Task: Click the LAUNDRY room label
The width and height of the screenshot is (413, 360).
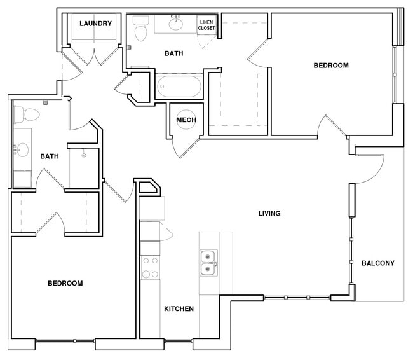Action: click(x=96, y=24)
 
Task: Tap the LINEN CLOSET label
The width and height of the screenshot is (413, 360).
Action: click(x=207, y=25)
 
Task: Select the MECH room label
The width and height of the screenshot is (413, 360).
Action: click(x=186, y=120)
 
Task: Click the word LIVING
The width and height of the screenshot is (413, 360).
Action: click(x=269, y=213)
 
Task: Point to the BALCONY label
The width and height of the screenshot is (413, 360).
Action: click(x=378, y=263)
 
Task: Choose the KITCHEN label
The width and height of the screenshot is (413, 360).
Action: click(x=179, y=309)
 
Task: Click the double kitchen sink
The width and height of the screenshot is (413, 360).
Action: click(x=208, y=263)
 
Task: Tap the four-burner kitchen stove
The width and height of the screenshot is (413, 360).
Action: click(x=150, y=268)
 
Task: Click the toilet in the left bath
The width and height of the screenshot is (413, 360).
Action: click(x=28, y=115)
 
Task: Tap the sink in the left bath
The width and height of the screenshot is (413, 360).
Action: click(x=22, y=151)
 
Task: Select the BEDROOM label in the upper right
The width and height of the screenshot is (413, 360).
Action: click(x=331, y=65)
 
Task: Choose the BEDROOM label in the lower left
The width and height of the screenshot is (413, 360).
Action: click(x=65, y=283)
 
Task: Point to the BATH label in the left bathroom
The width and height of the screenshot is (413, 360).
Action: click(x=50, y=156)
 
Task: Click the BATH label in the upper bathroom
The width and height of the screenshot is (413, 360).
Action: click(x=173, y=53)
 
